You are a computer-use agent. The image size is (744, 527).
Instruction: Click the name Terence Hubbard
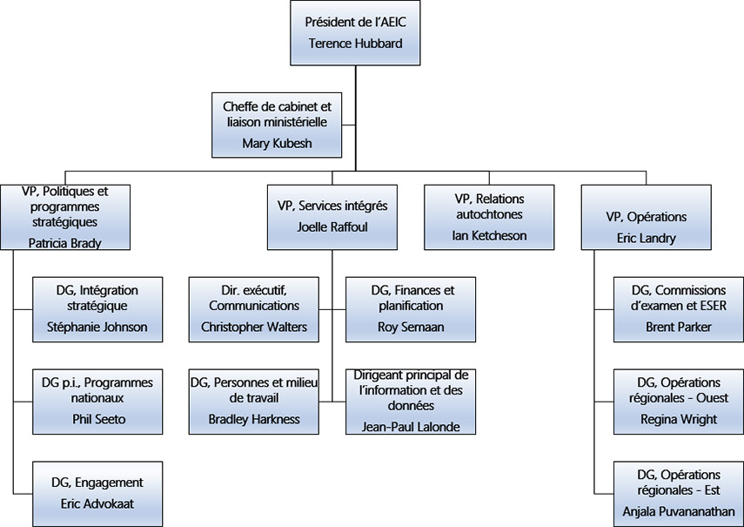click(x=355, y=44)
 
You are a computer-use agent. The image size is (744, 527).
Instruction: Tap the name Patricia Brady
click(x=64, y=243)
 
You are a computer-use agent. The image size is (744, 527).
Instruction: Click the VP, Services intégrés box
click(x=332, y=217)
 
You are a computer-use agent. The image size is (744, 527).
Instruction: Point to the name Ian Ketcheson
click(x=489, y=235)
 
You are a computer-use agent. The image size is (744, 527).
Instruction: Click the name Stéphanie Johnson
click(x=97, y=328)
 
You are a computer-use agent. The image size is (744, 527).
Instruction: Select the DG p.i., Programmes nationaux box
click(x=97, y=400)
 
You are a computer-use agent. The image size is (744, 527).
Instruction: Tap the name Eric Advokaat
click(x=97, y=503)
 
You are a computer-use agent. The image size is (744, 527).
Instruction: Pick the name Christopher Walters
click(x=254, y=328)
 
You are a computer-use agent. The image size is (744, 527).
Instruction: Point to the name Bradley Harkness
click(x=254, y=419)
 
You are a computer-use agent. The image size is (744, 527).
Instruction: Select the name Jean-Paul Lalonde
click(x=412, y=426)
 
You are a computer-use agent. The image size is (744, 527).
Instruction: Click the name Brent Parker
click(x=679, y=328)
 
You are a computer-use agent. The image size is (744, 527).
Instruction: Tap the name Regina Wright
click(x=679, y=419)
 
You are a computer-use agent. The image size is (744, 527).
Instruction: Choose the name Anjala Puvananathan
click(x=679, y=511)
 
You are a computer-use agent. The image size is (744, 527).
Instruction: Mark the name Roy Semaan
click(x=412, y=328)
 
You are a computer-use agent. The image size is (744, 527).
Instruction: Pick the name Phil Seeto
click(x=97, y=419)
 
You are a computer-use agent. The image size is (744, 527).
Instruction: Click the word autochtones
click(x=489, y=213)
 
